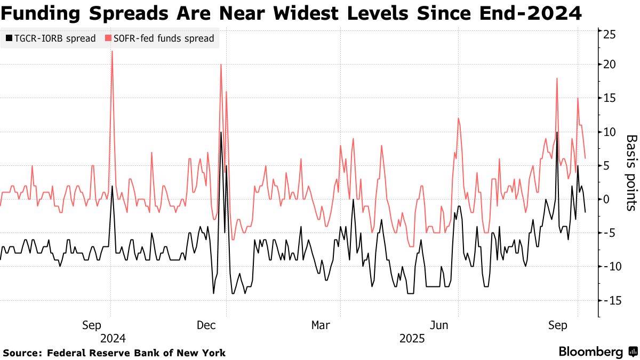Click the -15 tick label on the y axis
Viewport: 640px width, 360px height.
(x=609, y=301)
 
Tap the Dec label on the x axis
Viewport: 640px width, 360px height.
(x=206, y=325)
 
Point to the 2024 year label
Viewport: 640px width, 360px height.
(x=113, y=339)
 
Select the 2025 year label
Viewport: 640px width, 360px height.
(x=412, y=339)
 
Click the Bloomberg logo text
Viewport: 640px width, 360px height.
(x=591, y=352)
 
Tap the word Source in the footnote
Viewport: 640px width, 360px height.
(x=22, y=353)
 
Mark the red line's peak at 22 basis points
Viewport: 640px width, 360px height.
(x=111, y=52)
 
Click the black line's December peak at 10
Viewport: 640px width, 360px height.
(x=221, y=132)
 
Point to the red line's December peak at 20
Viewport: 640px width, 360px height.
(x=220, y=65)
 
